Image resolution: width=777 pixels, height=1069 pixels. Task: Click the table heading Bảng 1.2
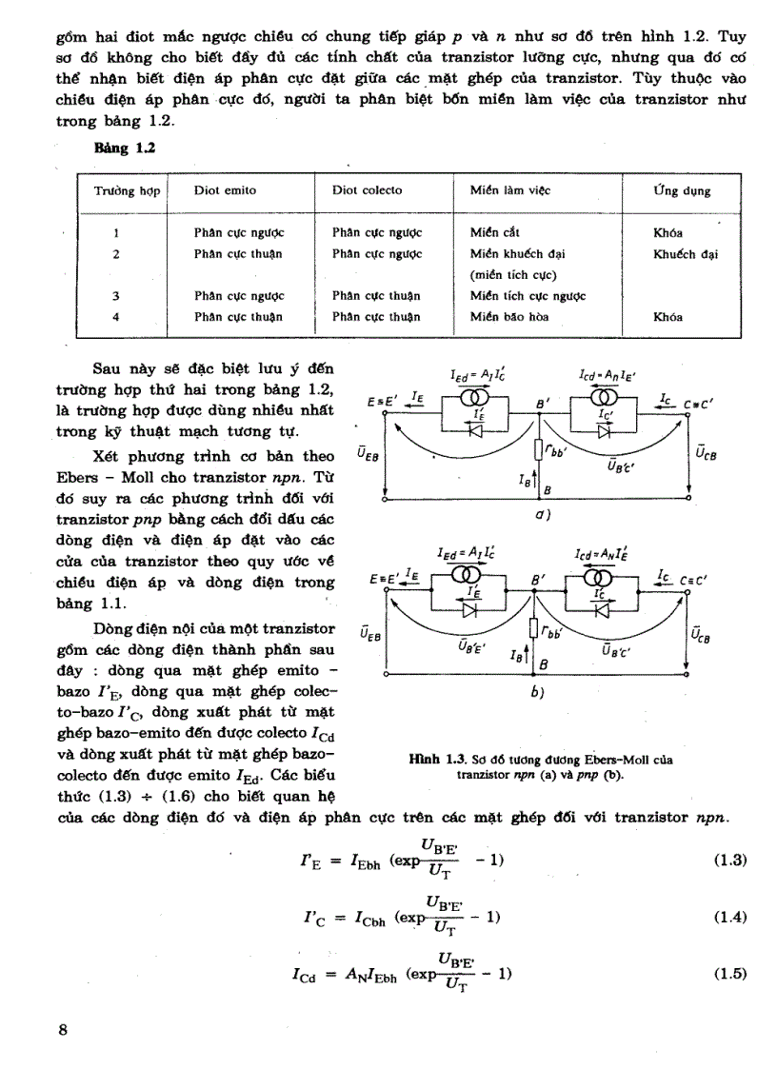pyautogui.click(x=124, y=149)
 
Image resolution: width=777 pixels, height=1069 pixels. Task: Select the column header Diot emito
pyautogui.click(x=225, y=190)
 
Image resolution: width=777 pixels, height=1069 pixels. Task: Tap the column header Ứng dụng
pyautogui.click(x=681, y=190)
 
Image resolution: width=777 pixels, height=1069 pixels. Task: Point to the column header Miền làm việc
pyautogui.click(x=509, y=190)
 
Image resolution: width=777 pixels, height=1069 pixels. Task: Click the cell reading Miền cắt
pyautogui.click(x=495, y=232)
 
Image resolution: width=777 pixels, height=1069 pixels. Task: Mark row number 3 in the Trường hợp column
pyautogui.click(x=115, y=296)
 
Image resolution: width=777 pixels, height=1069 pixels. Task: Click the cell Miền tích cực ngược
pyautogui.click(x=528, y=296)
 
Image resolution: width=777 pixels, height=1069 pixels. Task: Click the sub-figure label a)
pyautogui.click(x=539, y=518)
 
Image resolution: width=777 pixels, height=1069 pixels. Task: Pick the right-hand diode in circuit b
pyautogui.click(x=602, y=609)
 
